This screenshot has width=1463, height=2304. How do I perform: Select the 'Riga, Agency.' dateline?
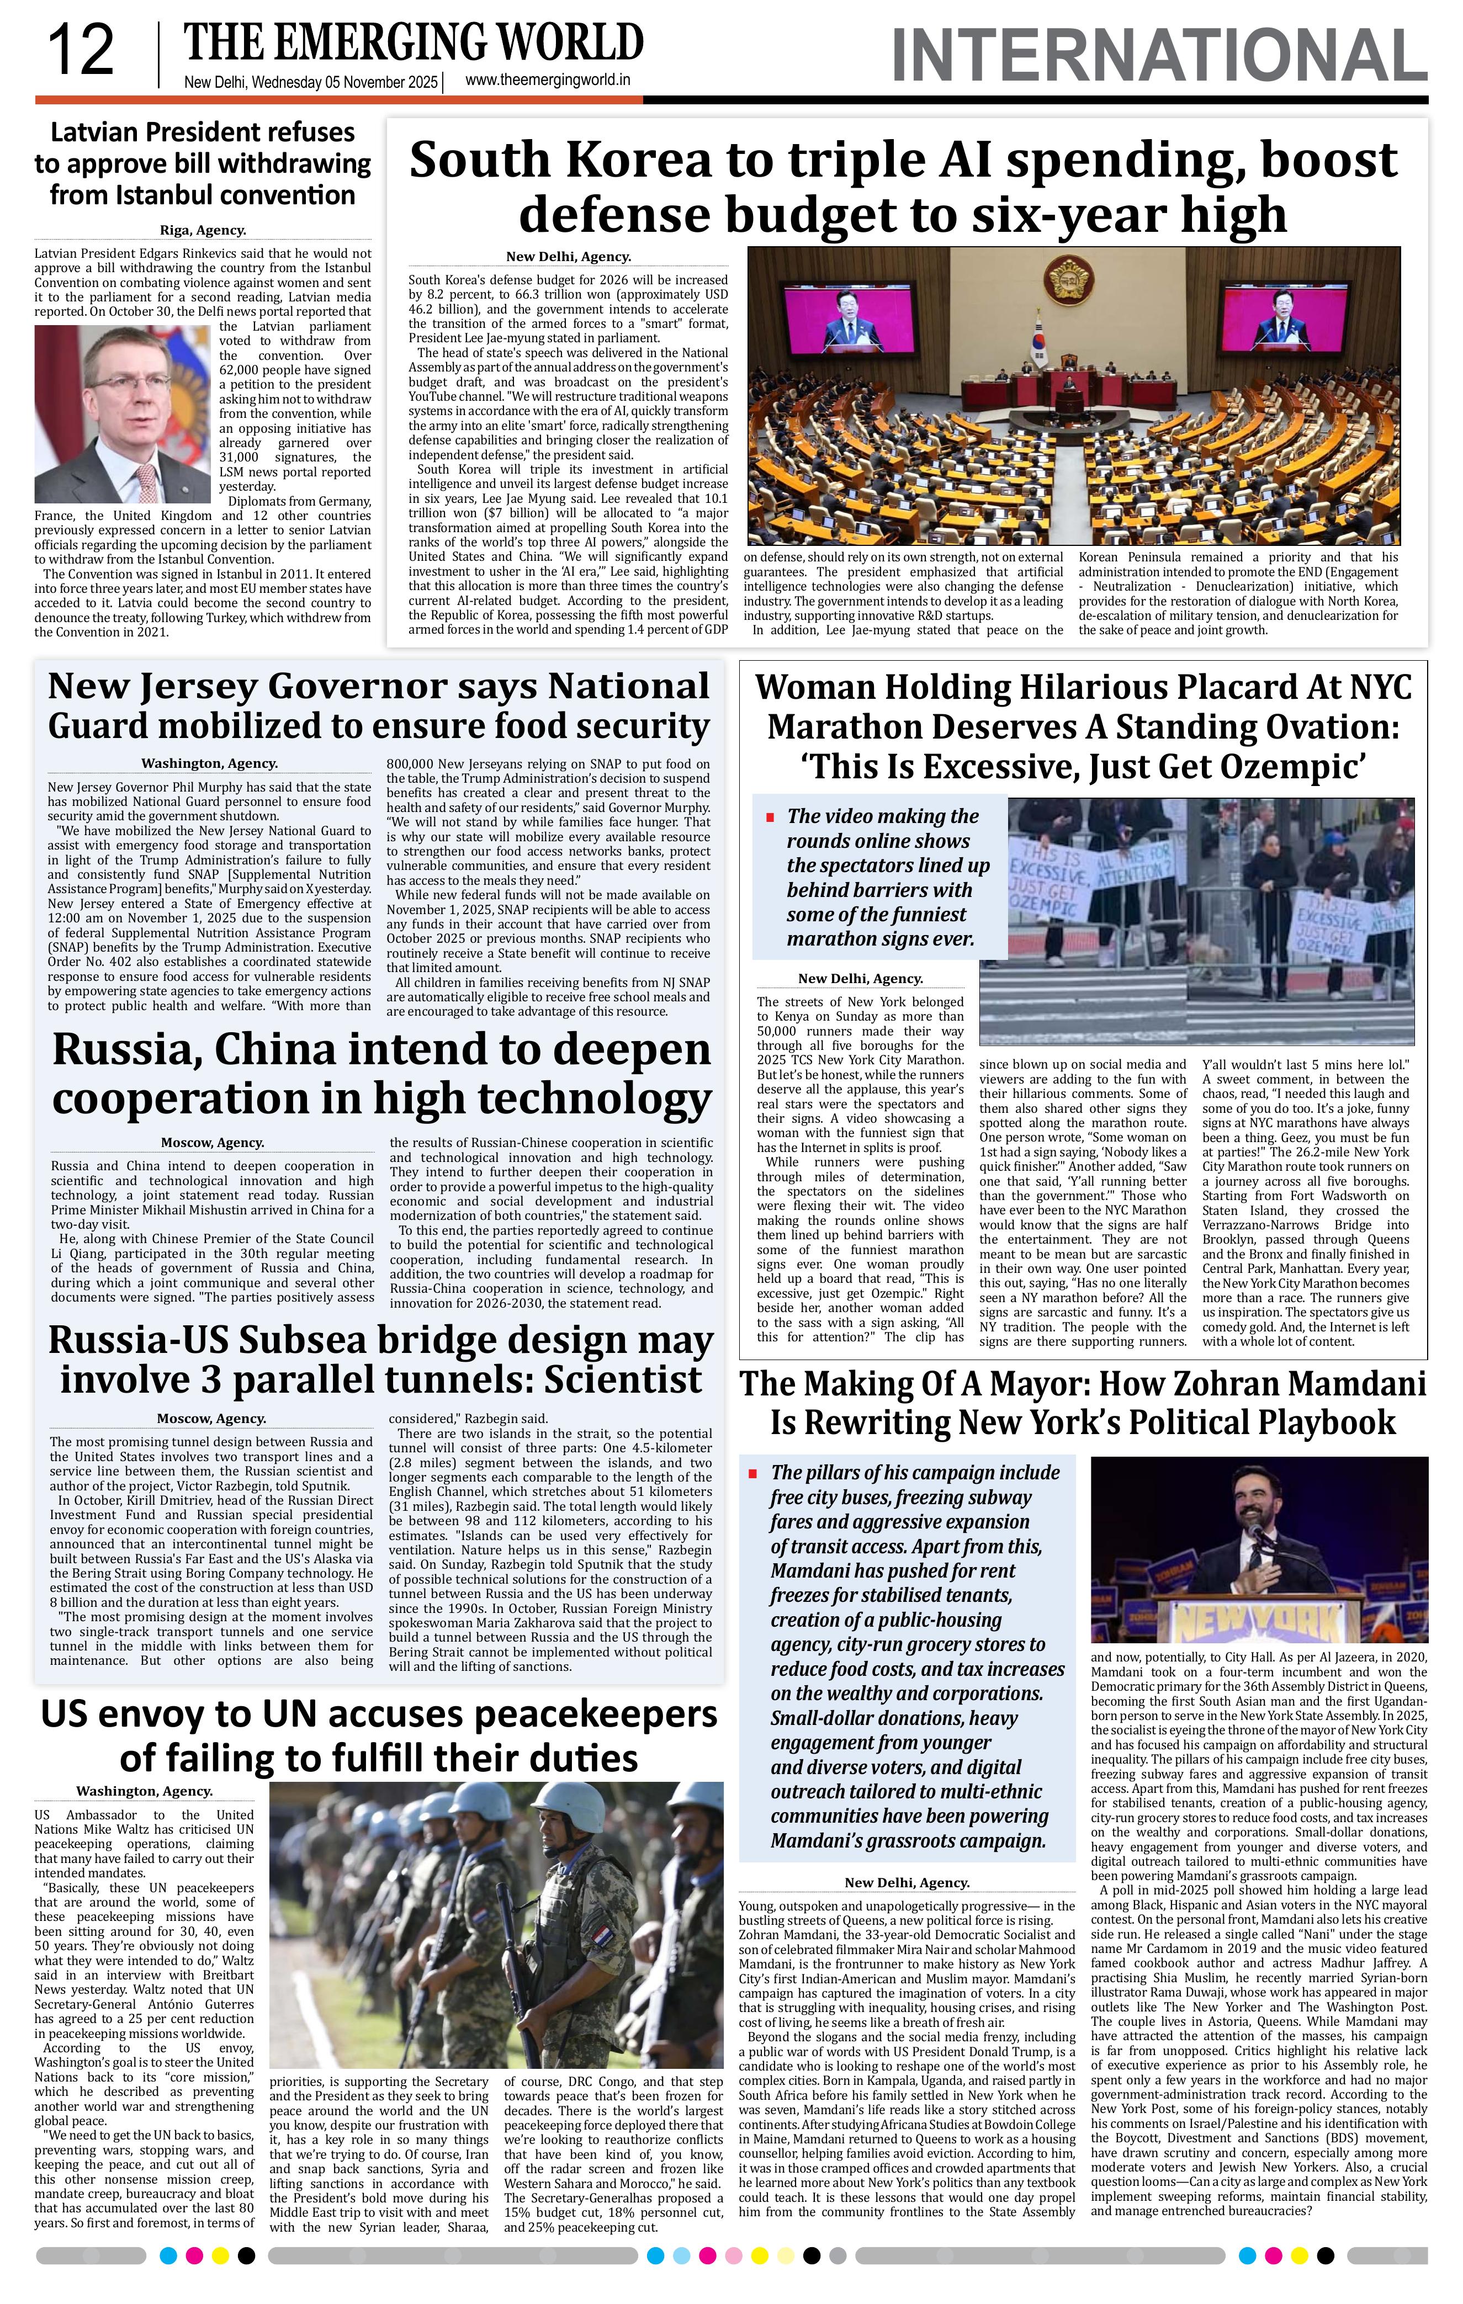202,230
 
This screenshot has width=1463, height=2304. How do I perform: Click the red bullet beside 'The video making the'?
769,817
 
